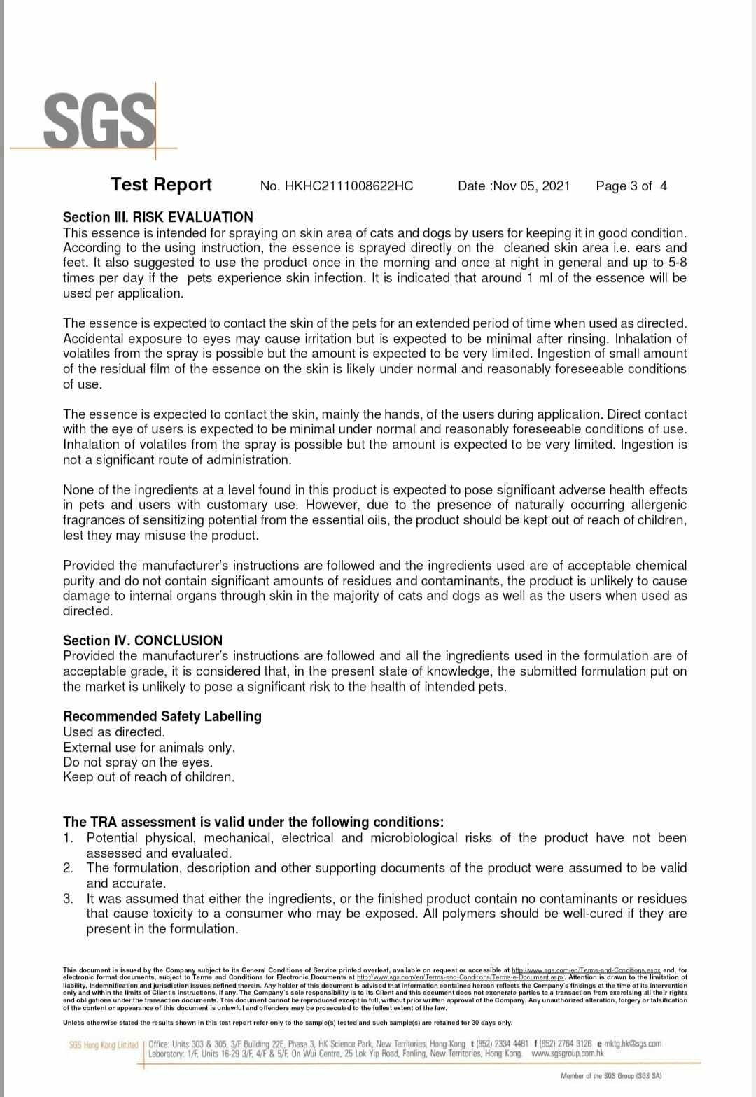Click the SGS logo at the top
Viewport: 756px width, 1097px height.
99,120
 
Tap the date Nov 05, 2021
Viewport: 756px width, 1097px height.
531,186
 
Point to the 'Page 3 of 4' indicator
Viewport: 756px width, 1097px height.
631,186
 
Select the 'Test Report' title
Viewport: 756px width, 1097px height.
161,185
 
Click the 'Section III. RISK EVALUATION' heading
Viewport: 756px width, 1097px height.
157,217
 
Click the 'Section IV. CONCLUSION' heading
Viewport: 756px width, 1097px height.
143,641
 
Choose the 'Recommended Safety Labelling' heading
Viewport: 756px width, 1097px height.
162,716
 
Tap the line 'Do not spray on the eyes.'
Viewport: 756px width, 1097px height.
138,762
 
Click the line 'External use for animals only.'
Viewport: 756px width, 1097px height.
149,747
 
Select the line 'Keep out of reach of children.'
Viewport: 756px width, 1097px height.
149,777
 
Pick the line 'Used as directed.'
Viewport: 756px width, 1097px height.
114,732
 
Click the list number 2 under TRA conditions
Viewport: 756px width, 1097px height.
68,868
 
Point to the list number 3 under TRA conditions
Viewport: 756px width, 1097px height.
68,899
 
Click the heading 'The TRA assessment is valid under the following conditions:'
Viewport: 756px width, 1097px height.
253,822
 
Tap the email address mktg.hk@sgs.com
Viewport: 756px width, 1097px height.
632,1044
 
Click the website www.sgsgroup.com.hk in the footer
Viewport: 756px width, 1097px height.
568,1054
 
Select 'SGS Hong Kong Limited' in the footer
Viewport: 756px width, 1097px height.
104,1045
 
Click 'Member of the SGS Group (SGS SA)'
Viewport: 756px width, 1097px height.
611,1076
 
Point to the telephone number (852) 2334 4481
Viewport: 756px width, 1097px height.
502,1044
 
